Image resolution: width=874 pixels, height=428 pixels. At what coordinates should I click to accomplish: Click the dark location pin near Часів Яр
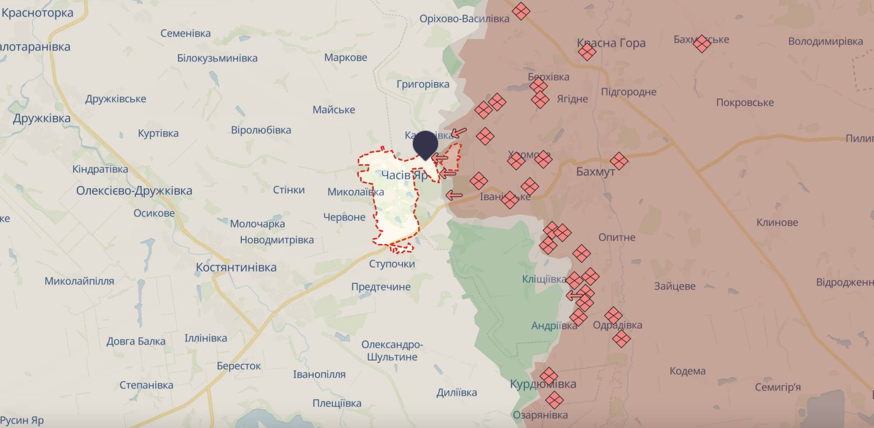[425, 143]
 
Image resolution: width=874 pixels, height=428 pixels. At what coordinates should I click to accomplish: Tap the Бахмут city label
[595, 172]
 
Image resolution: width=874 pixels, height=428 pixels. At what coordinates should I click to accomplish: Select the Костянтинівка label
[236, 268]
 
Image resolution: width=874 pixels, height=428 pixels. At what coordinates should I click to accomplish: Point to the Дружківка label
[42, 118]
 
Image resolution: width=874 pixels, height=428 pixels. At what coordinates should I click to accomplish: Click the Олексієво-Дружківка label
[134, 191]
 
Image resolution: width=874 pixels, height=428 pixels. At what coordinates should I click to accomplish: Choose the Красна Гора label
[611, 43]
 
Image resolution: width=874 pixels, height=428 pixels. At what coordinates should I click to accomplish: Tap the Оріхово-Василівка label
[464, 19]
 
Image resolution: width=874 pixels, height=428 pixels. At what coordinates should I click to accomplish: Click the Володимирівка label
[825, 42]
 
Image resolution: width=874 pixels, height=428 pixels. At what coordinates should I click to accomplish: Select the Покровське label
[745, 103]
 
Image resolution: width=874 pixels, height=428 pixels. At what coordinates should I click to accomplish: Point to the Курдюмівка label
[543, 384]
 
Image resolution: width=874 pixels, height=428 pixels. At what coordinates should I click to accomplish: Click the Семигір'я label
[777, 387]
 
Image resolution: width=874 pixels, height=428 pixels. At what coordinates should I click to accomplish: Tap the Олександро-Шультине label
[392, 351]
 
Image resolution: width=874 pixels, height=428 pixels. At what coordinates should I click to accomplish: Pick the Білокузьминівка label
[217, 58]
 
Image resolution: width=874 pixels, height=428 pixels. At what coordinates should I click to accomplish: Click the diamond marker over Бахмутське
[701, 44]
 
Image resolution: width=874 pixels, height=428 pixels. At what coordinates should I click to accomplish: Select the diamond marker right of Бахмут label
[619, 161]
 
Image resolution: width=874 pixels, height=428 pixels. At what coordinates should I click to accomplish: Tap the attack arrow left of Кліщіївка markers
[574, 296]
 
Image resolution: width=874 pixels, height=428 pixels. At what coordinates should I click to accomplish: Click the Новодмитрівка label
[277, 240]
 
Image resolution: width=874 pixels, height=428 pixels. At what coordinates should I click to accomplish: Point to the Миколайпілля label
[79, 281]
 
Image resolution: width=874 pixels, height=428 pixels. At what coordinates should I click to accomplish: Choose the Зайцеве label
[674, 286]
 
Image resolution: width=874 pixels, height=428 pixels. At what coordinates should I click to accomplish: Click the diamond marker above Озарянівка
[554, 400]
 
